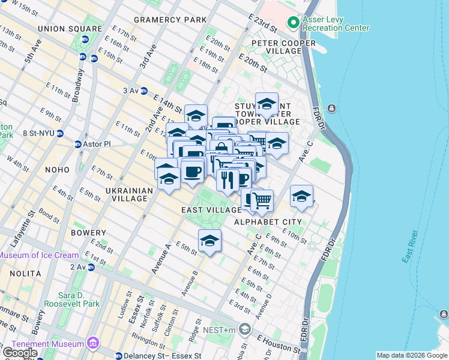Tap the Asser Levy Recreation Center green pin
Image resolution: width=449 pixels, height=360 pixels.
coord(292,23)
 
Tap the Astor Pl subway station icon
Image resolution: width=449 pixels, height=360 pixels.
coord(77,145)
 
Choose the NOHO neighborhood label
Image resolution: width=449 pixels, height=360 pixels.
coord(57,170)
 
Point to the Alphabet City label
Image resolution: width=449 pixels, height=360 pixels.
coord(267,222)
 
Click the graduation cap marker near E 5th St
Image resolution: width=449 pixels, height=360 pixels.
coord(209,241)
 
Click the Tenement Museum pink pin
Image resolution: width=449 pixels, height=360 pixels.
coord(92,343)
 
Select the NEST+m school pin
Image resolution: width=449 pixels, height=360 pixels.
coord(244,328)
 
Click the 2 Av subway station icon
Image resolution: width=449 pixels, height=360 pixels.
coord(91,267)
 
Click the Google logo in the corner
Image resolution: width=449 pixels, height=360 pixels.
coord(20,353)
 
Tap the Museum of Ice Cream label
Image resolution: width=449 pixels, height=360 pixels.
coord(39,255)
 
